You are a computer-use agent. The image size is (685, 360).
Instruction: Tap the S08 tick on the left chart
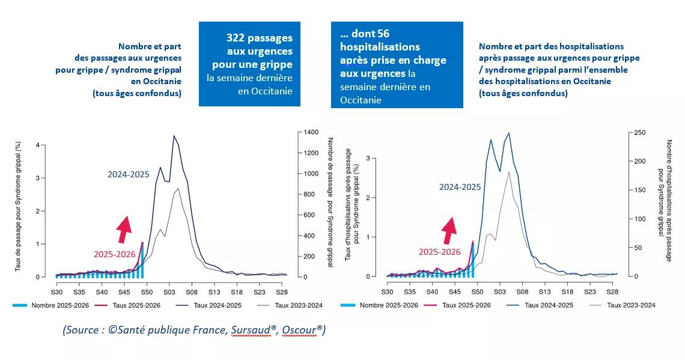191,291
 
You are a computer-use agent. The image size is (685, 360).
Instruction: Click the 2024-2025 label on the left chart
129,174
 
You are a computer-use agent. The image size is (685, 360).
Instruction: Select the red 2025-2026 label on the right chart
439,252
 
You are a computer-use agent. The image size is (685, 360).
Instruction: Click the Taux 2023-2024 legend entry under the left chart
298,305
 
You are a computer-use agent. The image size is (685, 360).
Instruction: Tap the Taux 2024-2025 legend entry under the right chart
549,305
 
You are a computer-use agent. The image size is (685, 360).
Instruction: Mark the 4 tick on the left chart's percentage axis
37,145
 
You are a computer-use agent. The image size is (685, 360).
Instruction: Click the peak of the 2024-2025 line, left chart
174,136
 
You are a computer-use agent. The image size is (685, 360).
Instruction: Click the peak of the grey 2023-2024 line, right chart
509,172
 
